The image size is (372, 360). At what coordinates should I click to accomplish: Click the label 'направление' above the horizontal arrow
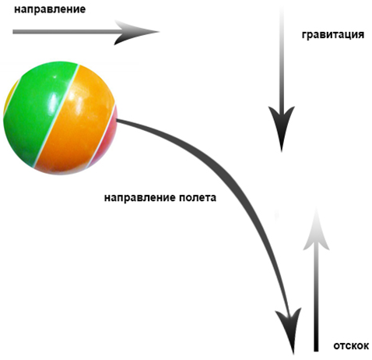point(50,9)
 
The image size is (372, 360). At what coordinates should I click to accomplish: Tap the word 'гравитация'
point(333,34)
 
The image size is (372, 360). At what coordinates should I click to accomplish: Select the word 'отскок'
point(351,346)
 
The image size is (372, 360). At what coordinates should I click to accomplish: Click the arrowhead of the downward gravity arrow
point(282,126)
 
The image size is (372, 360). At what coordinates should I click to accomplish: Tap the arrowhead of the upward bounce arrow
point(316,230)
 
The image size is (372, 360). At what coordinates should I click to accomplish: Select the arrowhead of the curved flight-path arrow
point(290,330)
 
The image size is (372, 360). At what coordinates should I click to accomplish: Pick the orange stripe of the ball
point(78,122)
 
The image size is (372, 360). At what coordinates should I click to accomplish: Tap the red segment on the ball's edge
point(107,140)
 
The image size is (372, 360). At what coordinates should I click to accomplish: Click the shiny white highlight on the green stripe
point(54,102)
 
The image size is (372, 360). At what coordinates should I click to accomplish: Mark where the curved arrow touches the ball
point(117,120)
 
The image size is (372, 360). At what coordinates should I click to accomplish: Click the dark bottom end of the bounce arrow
point(316,349)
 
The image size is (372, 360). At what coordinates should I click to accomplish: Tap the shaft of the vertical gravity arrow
point(282,57)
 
